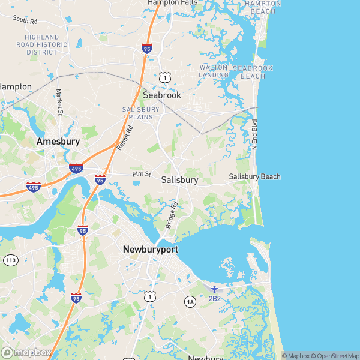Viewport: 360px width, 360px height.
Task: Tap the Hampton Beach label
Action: (x=263, y=7)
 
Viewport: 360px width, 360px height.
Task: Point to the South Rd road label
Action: (x=25, y=20)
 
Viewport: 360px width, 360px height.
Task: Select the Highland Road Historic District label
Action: (x=42, y=44)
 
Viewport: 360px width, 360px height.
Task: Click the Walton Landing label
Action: (x=214, y=71)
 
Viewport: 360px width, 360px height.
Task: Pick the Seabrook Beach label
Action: (x=253, y=72)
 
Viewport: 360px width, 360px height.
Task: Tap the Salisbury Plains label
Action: (x=141, y=113)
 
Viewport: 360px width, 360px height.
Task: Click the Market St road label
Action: (x=59, y=102)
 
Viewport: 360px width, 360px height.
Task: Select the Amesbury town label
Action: (x=58, y=142)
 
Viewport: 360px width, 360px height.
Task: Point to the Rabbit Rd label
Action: (x=124, y=137)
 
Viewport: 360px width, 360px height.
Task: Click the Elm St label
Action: (x=140, y=175)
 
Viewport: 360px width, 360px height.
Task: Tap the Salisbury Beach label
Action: (x=254, y=176)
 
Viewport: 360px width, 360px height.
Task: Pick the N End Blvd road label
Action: (x=254, y=134)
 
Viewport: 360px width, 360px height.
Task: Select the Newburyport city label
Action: (x=150, y=249)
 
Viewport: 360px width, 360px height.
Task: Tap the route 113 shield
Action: (x=10, y=260)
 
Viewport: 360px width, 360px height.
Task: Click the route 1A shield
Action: (x=190, y=301)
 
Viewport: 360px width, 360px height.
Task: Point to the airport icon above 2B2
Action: (x=215, y=289)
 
